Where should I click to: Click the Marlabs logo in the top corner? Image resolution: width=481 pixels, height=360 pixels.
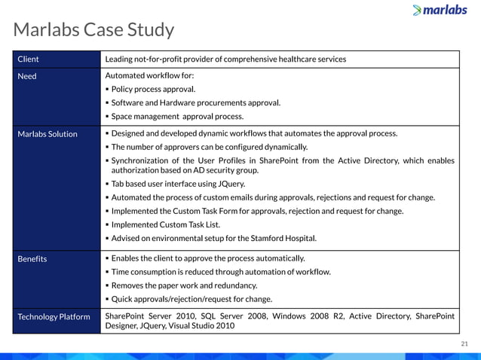pyautogui.click(x=441, y=10)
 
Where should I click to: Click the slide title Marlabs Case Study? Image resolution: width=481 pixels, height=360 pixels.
pyautogui.click(x=94, y=30)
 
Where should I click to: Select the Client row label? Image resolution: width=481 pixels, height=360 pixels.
pyautogui.click(x=28, y=59)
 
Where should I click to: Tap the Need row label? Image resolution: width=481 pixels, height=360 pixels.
pyautogui.click(x=26, y=76)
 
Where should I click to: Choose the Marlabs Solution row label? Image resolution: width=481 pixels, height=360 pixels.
pyautogui.click(x=47, y=134)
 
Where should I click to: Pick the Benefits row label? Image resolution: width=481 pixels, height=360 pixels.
pyautogui.click(x=32, y=259)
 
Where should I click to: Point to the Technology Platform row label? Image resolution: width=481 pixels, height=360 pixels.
pyautogui.click(x=54, y=317)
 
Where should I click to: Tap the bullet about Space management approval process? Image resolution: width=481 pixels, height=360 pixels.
pyautogui.click(x=177, y=117)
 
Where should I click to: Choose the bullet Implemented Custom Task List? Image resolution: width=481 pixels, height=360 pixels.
pyautogui.click(x=163, y=224)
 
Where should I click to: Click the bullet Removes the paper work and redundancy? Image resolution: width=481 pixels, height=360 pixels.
pyautogui.click(x=184, y=286)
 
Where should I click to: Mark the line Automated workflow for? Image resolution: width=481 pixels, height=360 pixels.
pyautogui.click(x=145, y=76)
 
